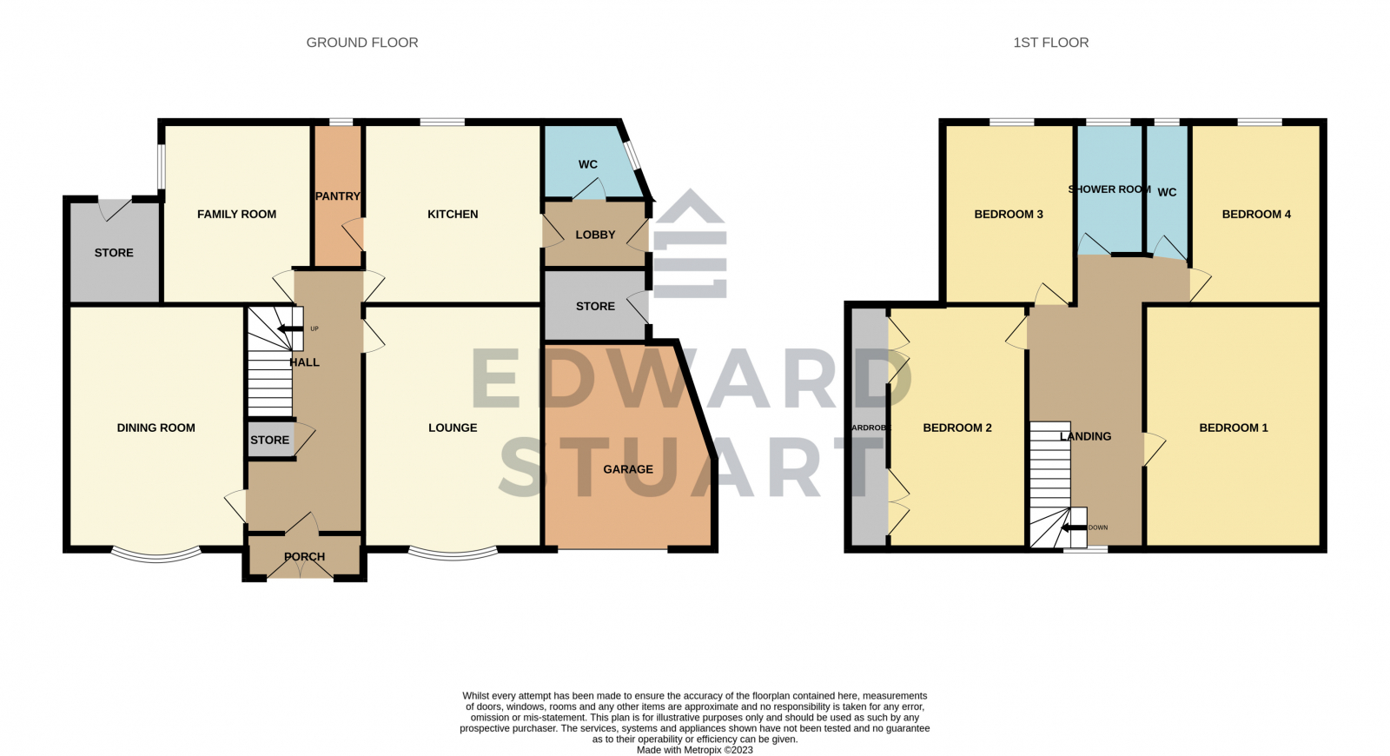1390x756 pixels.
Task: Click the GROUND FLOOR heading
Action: pyautogui.click(x=362, y=43)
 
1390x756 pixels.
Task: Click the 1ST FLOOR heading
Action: pyautogui.click(x=1050, y=43)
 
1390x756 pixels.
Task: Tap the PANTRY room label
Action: pyautogui.click(x=337, y=196)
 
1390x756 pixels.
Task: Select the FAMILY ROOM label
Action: pyautogui.click(x=236, y=214)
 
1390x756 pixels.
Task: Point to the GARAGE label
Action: pyautogui.click(x=628, y=469)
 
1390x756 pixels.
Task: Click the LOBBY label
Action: pyautogui.click(x=595, y=235)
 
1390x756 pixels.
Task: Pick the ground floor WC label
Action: pyautogui.click(x=588, y=164)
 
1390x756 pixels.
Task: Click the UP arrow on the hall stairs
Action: pyautogui.click(x=285, y=328)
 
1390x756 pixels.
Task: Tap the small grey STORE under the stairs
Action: pyautogui.click(x=269, y=440)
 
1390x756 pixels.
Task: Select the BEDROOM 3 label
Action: pyautogui.click(x=1009, y=214)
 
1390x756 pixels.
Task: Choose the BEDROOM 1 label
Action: pyautogui.click(x=1234, y=428)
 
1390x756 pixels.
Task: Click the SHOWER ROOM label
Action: pyautogui.click(x=1109, y=189)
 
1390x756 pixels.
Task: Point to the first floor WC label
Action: pyautogui.click(x=1168, y=192)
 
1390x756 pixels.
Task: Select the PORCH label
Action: pyautogui.click(x=304, y=556)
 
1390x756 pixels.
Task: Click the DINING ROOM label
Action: pyautogui.click(x=156, y=428)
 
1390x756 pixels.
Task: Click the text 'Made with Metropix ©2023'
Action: pyautogui.click(x=694, y=750)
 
